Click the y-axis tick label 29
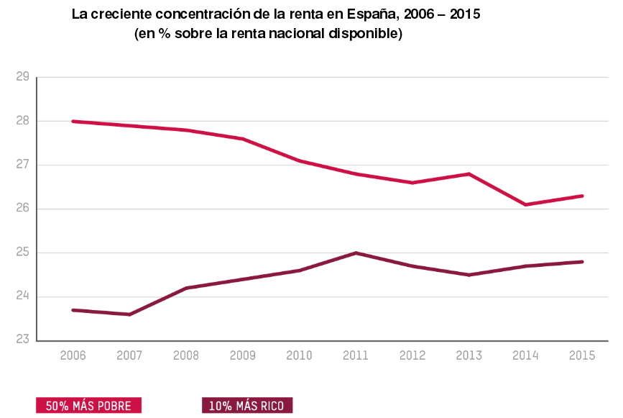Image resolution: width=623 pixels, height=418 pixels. point(22,77)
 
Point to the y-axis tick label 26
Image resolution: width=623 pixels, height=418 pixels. point(22,209)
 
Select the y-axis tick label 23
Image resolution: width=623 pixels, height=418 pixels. point(22,340)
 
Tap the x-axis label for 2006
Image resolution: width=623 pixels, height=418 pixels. point(73,355)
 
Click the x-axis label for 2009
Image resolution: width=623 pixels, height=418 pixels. point(242,355)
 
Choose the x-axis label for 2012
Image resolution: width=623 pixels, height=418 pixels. point(412,355)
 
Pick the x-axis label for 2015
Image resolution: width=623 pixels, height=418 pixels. point(582,355)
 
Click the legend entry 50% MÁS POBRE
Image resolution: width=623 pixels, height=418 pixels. point(88,406)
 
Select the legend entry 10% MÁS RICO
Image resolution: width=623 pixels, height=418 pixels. point(246,406)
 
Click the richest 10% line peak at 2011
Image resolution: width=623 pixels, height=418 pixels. point(356,253)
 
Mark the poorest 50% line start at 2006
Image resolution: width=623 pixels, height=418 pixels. point(73,122)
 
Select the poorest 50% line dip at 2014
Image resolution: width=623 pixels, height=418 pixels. point(525,204)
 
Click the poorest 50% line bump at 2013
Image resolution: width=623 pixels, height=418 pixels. point(469,174)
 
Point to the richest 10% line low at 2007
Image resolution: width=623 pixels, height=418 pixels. point(129,314)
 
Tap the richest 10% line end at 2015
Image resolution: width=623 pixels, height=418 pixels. point(582,262)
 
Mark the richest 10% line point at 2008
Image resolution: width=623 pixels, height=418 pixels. point(186,288)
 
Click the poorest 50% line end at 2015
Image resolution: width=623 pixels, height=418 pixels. point(582,196)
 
